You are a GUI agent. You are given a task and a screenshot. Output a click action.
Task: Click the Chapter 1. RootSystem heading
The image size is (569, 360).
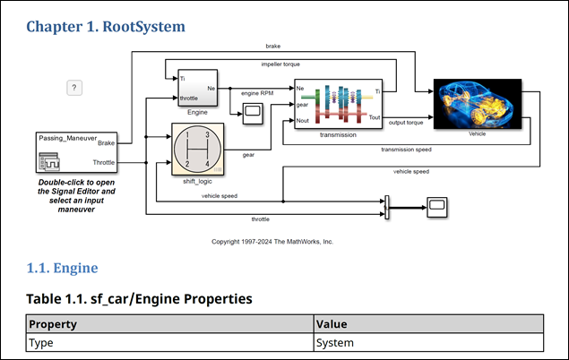pyautogui.click(x=106, y=26)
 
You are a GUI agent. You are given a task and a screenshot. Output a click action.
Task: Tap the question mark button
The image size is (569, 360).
pyautogui.click(x=76, y=87)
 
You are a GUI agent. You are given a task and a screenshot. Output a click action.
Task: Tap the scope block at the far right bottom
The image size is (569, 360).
pyautogui.click(x=437, y=205)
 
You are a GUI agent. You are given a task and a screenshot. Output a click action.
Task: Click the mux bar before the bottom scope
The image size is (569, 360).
pyautogui.click(x=387, y=206)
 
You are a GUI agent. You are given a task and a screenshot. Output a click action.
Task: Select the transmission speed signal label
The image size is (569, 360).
pyautogui.click(x=406, y=150)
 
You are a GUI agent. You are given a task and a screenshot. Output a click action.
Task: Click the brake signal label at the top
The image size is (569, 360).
pyautogui.click(x=272, y=46)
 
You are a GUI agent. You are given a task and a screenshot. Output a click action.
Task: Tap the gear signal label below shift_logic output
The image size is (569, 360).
pyautogui.click(x=247, y=154)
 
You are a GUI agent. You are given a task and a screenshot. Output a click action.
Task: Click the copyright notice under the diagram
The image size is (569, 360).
pyautogui.click(x=272, y=242)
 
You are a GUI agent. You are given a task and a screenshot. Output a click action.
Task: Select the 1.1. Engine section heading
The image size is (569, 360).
pyautogui.click(x=62, y=268)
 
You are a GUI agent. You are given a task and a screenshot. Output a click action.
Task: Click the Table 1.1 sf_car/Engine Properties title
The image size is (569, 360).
pyautogui.click(x=139, y=297)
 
